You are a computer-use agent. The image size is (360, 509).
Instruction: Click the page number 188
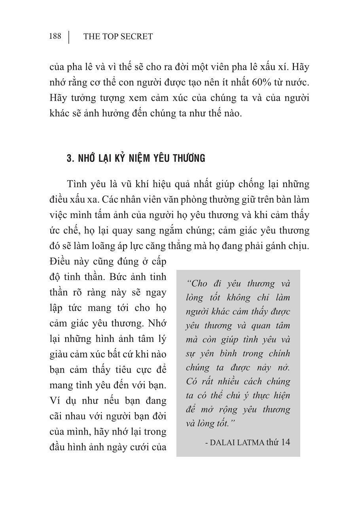click(x=55, y=36)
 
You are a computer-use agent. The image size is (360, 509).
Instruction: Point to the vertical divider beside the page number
click(x=69, y=37)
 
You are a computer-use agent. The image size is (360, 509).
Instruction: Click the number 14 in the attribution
click(x=285, y=442)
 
